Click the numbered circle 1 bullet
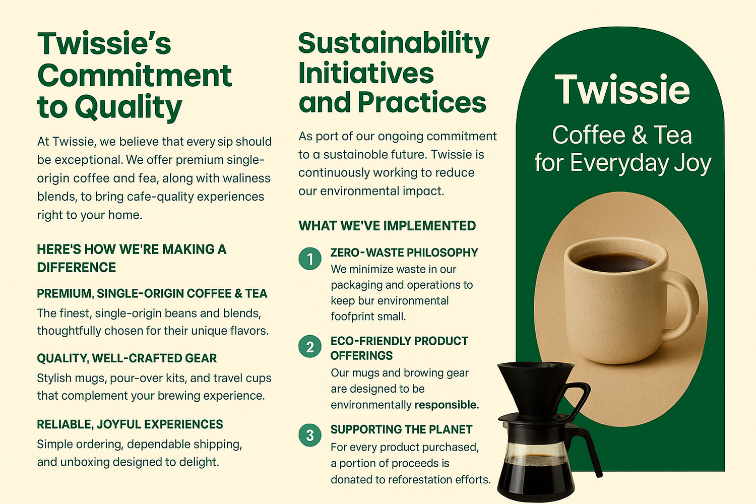pos(310,259)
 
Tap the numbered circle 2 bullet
pos(310,346)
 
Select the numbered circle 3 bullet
pos(310,435)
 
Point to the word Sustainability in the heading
pos(394,44)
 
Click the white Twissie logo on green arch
pos(622,89)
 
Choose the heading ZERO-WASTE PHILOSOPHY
pos(404,253)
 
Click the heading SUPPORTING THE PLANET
pos(401,429)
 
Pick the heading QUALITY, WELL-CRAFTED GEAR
pos(127,358)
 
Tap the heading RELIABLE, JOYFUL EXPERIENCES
pos(130,424)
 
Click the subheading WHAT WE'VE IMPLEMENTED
pos(387,226)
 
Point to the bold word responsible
pos(447,405)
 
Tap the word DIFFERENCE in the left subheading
pos(76,267)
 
